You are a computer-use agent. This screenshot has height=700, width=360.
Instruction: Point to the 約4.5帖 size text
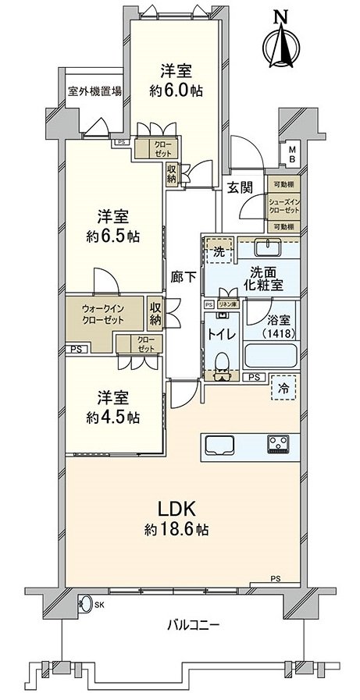coord(113,418)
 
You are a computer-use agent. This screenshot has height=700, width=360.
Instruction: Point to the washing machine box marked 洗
coord(219,251)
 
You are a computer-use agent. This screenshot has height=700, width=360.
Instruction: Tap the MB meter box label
coord(291,153)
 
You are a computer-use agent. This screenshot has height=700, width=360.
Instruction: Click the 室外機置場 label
coord(94,91)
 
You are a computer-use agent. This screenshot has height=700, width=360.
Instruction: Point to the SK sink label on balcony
coord(99,604)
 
